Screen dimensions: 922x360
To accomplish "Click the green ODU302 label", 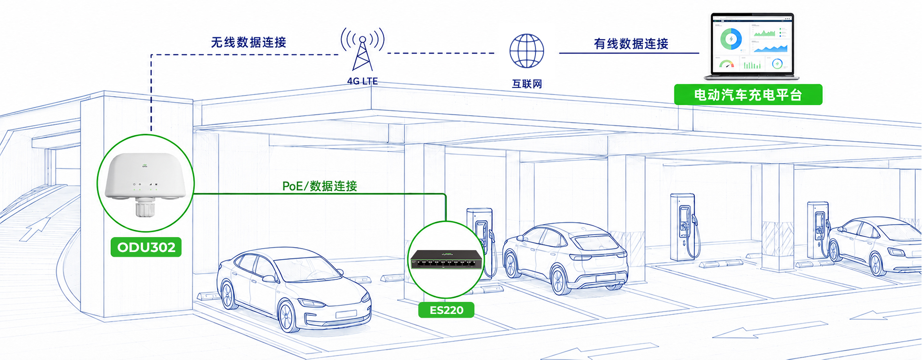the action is pos(146,247).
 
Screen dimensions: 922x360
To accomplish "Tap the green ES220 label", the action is pos(446,310).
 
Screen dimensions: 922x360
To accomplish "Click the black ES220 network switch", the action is pos(446,260).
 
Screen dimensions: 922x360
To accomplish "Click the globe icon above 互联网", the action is pos(527,51).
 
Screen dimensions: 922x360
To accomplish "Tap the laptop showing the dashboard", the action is pos(752,47).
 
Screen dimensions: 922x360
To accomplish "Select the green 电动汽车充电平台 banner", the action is pos(748,95).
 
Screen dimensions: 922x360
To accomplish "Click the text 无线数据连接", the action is pos(249,42).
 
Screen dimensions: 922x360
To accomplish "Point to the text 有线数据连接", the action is pos(631,44).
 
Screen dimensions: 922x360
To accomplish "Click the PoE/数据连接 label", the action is pos(320,186).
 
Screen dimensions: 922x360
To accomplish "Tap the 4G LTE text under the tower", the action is pos(363,81).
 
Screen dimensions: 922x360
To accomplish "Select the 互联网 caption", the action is pos(527,84).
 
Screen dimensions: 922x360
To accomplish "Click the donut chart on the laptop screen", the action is pos(731,38).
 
